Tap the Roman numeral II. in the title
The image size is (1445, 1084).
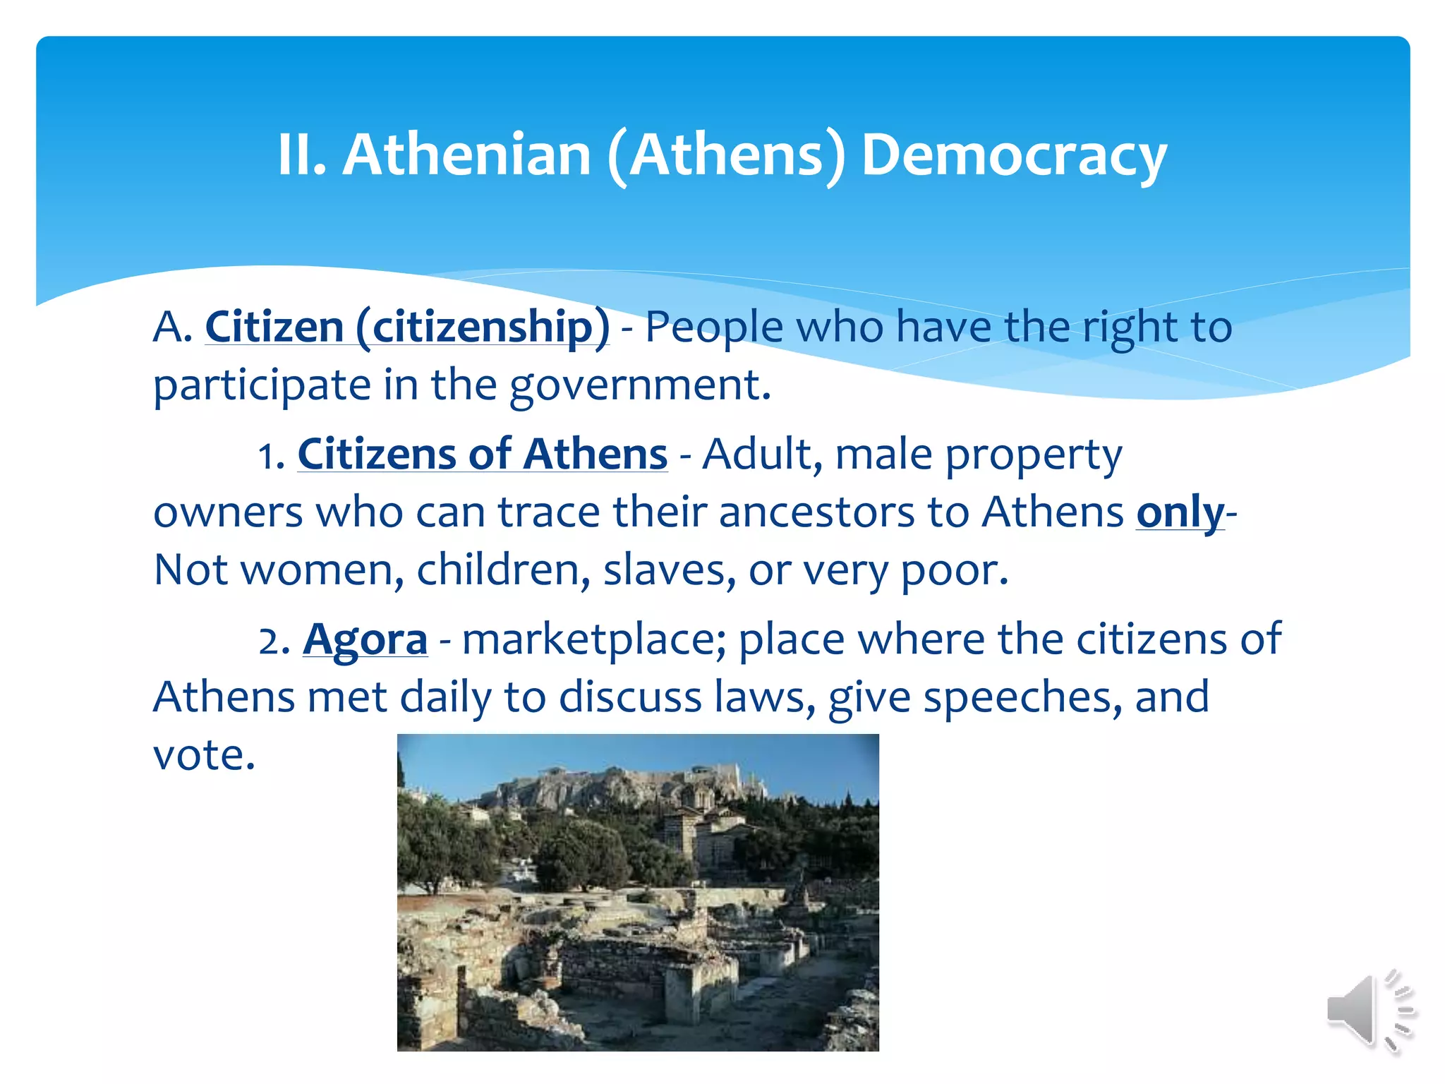pos(302,155)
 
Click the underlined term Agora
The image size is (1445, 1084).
pos(365,639)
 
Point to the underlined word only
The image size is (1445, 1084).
pos(1180,512)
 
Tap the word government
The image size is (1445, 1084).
pos(640,386)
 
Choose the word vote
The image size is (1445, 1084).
pos(204,755)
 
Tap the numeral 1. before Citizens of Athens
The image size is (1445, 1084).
pos(272,455)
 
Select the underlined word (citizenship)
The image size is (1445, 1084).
pos(483,327)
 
